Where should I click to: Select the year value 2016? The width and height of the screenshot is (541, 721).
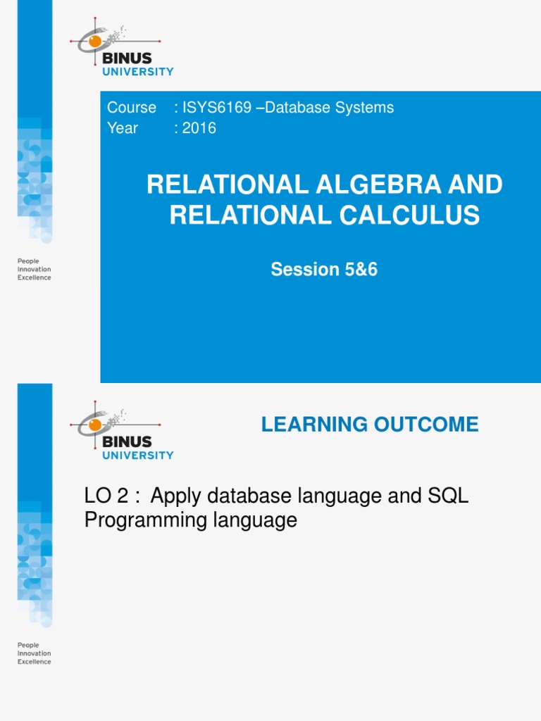199,128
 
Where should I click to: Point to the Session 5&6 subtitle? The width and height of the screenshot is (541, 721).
324,269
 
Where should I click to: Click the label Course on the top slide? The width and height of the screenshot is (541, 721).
132,108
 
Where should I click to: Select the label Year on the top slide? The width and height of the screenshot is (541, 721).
123,128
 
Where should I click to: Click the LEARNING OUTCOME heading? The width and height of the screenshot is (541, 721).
369,425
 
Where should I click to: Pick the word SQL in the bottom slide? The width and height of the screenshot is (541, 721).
448,496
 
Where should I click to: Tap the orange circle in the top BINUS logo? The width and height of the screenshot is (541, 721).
94,42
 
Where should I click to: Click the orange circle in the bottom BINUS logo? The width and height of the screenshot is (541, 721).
94,425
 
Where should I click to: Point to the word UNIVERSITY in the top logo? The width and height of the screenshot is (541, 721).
138,71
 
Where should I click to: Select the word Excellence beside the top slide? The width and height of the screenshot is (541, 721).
34,278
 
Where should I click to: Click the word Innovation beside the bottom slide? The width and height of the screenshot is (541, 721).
34,653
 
